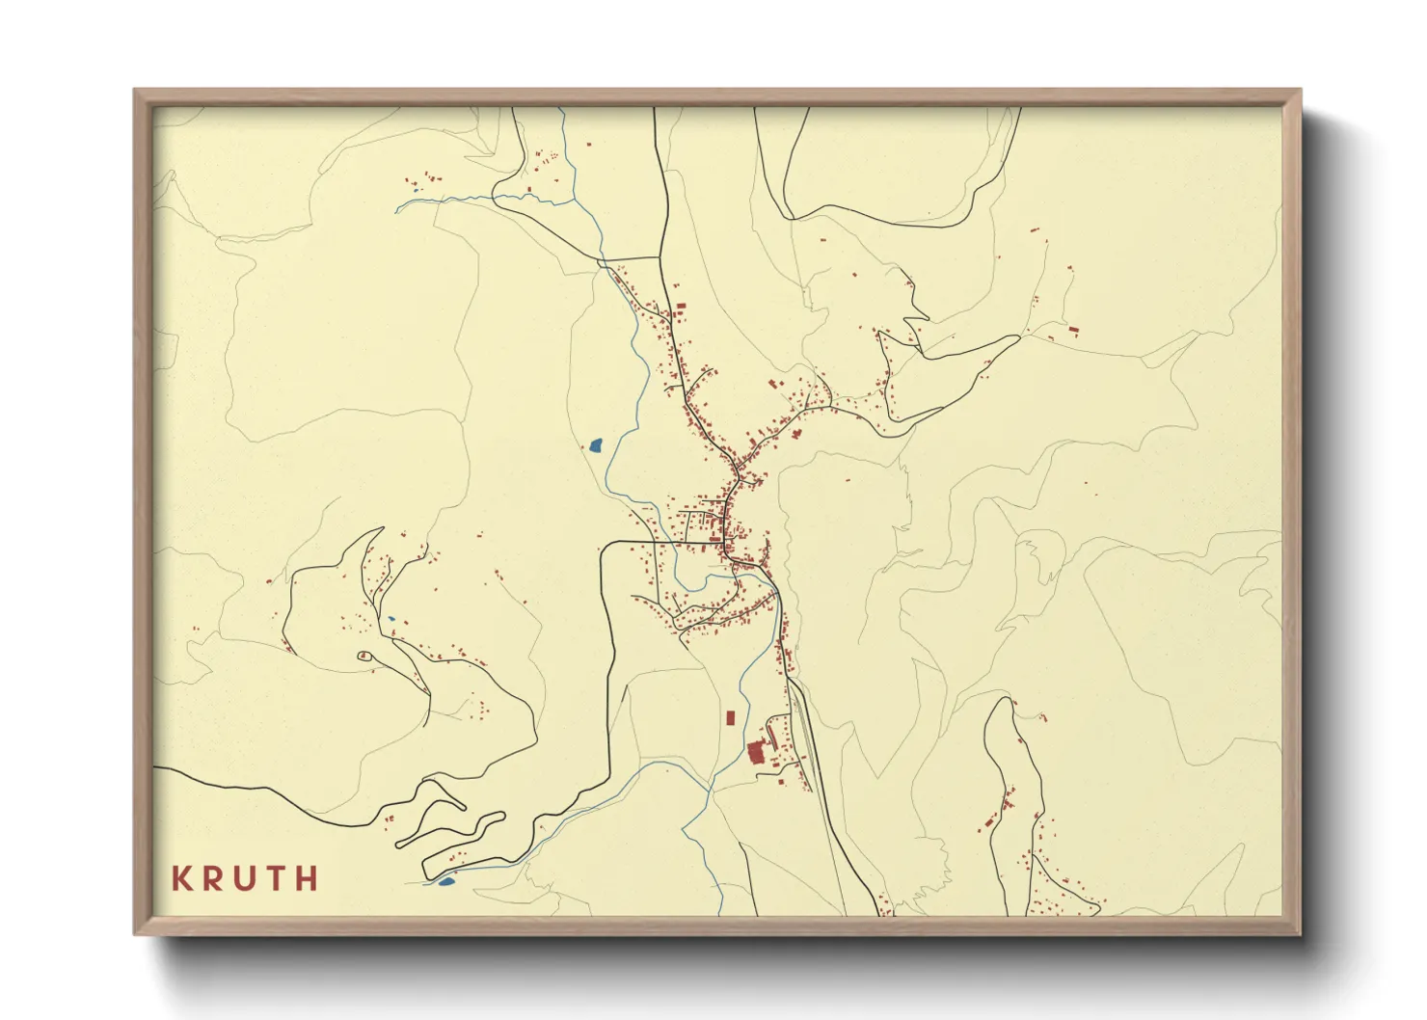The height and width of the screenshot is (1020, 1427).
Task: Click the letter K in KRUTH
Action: point(180,878)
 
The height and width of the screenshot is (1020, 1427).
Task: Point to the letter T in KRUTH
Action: point(277,878)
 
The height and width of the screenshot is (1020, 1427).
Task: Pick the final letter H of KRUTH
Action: point(308,878)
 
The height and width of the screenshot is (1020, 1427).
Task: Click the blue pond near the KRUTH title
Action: point(445,880)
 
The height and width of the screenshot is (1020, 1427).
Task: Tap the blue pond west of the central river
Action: point(595,445)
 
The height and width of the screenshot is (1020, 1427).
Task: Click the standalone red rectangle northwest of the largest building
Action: point(730,717)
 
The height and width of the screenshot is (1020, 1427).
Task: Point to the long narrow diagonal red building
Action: point(772,736)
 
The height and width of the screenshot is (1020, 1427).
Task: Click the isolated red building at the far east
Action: point(1074,331)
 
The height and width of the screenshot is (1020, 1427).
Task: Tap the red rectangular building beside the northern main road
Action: point(681,307)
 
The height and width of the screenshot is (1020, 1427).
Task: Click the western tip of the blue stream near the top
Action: point(397,207)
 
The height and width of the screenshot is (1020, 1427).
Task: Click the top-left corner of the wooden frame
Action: point(135,90)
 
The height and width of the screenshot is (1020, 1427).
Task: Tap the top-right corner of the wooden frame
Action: point(1301,90)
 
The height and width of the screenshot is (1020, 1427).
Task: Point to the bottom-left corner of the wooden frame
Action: point(135,934)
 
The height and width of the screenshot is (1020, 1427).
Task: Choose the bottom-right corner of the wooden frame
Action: point(1301,934)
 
